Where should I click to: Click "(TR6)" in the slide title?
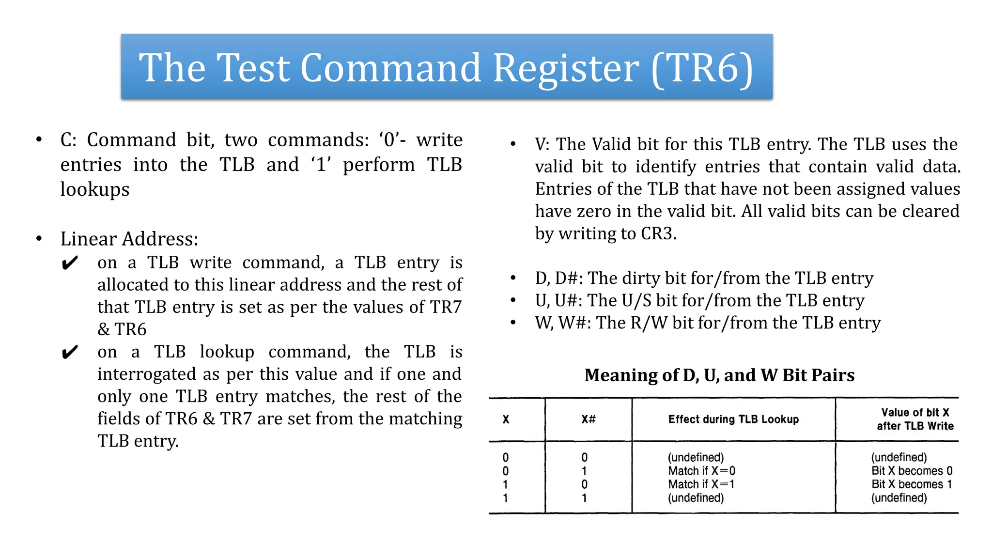tap(702, 69)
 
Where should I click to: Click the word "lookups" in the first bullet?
tap(95, 189)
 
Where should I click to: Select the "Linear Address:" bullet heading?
tap(129, 239)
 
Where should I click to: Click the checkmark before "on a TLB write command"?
tap(70, 263)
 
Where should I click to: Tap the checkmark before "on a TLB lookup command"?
tap(70, 352)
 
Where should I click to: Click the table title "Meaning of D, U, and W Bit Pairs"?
tap(719, 375)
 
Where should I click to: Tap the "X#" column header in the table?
tap(589, 419)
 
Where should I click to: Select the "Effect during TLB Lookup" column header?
tap(733, 419)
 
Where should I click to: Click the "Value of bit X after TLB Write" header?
tap(914, 419)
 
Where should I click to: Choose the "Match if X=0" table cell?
tap(701, 471)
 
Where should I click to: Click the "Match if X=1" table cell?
tap(701, 484)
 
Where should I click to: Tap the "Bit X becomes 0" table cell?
tap(912, 471)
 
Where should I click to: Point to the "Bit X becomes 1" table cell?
tap(912, 484)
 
